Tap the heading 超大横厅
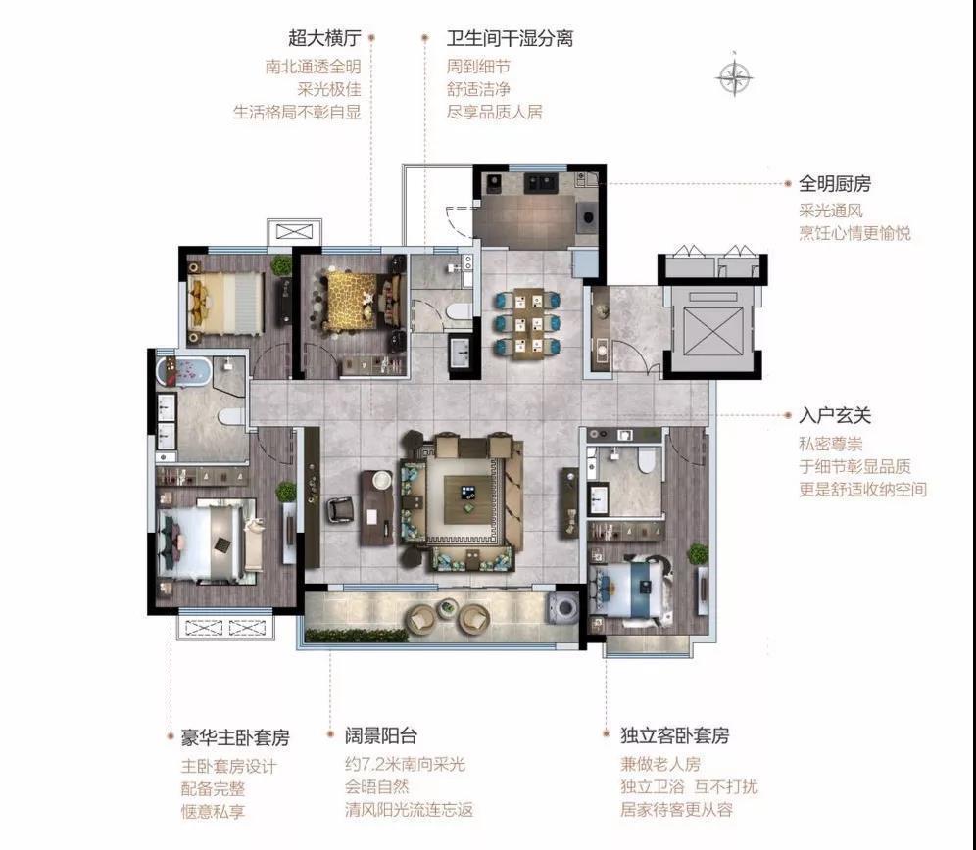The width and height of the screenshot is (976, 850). tap(324, 39)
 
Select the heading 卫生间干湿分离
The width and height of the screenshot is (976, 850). tap(510, 39)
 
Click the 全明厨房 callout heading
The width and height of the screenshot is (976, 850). tap(834, 183)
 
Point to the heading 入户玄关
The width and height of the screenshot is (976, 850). tap(834, 416)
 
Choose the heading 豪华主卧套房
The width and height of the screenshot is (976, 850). tap(228, 736)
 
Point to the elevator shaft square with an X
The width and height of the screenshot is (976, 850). tap(709, 329)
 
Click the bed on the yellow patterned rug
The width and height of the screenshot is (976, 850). tap(353, 298)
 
